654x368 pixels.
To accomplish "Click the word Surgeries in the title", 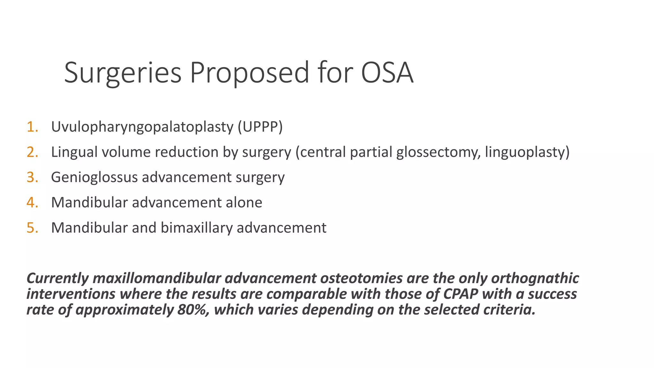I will (x=123, y=73).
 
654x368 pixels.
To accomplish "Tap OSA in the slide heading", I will (x=387, y=73).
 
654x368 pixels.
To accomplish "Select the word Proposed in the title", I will (x=249, y=73).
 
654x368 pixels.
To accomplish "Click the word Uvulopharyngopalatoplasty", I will (x=142, y=127).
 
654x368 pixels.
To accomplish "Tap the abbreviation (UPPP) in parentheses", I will (x=260, y=127).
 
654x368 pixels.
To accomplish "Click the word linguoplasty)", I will (x=527, y=152).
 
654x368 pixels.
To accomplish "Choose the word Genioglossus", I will (x=94, y=177).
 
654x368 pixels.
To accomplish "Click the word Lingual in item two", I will (x=74, y=152).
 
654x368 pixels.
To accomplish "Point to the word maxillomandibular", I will (x=157, y=278).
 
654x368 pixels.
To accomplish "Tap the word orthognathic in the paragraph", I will (x=535, y=278).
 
